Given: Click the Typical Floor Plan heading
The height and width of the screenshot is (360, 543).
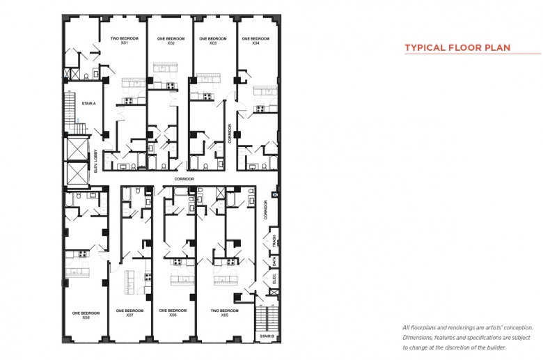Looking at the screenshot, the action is coord(457,47).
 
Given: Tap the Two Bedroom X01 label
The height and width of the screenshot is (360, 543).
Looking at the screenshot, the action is coord(125,40).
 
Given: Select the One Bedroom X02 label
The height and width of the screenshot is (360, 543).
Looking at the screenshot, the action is coord(171,41).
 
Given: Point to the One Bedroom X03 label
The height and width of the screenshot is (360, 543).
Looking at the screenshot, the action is coord(213,41).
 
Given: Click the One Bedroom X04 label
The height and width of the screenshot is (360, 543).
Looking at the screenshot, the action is coord(255,41).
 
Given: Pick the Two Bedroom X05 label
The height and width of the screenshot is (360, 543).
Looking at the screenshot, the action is coord(224,313).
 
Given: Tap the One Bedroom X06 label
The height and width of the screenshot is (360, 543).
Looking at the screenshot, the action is coord(173,313).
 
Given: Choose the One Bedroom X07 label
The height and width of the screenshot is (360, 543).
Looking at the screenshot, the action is coord(129,313).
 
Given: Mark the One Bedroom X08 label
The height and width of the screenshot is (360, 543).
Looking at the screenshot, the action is coord(86,315).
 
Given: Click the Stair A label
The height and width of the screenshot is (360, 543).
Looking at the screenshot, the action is coord(88,103).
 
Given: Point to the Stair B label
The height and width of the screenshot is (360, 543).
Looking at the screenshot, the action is coord(267,336).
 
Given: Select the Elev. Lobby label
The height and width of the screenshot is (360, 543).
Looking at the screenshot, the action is coord(96,161).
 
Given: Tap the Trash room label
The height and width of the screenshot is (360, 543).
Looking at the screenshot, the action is coord(274,241).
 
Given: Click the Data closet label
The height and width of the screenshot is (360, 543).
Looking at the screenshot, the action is coord(274,261).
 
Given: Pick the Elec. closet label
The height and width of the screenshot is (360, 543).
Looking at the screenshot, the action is coord(274,279).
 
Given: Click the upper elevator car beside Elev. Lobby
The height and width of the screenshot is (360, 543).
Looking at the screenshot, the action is coord(77,149).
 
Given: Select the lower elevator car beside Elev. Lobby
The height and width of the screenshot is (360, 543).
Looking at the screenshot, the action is coord(77,173).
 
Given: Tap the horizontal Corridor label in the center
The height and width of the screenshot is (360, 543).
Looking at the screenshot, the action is coord(184,179).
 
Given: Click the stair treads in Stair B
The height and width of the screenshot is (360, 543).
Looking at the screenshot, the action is coord(267,318).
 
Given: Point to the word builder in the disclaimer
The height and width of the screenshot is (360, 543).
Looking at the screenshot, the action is coord(496,347).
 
